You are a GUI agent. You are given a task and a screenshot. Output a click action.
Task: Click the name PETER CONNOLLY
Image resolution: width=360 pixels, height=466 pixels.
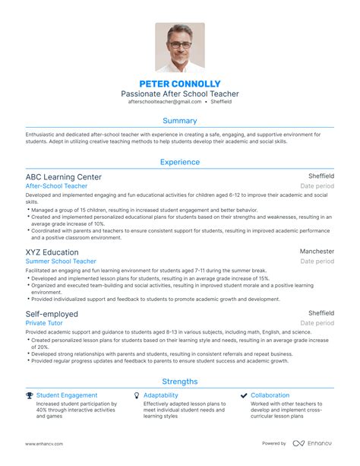click(x=180, y=83)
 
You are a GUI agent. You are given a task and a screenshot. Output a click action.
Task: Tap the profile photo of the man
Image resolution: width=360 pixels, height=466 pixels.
click(x=180, y=47)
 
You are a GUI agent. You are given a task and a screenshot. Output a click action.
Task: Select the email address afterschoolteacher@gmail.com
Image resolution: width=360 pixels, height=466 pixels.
click(x=165, y=101)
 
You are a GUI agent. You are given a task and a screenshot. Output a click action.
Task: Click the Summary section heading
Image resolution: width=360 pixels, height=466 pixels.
click(x=180, y=120)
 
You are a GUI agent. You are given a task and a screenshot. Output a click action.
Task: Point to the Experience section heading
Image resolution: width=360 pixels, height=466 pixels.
click(x=180, y=162)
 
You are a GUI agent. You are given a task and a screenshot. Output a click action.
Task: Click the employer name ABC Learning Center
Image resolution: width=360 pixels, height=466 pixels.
click(x=62, y=176)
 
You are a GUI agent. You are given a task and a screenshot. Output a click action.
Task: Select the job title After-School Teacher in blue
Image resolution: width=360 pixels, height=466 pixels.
click(x=57, y=185)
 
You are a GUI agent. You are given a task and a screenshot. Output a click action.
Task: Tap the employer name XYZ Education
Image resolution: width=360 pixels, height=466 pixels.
click(x=52, y=252)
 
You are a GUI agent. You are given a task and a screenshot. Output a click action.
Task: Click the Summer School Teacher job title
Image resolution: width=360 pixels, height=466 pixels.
click(x=61, y=262)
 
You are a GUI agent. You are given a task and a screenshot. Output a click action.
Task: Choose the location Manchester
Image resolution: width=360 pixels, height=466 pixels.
click(x=317, y=252)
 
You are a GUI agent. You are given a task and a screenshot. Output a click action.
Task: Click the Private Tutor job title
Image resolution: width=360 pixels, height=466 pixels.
click(x=44, y=322)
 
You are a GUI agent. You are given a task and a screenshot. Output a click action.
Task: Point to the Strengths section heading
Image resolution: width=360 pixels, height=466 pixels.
click(x=180, y=382)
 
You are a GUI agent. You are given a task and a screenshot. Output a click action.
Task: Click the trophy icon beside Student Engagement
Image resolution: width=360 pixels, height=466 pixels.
click(x=29, y=395)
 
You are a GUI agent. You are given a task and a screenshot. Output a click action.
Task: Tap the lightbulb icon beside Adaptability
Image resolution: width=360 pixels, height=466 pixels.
click(x=137, y=395)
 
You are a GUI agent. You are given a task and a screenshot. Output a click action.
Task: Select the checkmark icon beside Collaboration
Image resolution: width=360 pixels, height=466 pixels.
click(x=244, y=395)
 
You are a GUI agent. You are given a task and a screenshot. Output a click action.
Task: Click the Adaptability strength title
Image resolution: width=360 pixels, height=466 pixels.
click(x=160, y=395)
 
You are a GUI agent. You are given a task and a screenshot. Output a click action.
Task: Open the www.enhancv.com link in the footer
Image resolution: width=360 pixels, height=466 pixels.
click(x=44, y=443)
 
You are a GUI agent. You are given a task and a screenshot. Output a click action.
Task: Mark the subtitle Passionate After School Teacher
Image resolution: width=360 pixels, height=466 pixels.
click(x=180, y=93)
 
